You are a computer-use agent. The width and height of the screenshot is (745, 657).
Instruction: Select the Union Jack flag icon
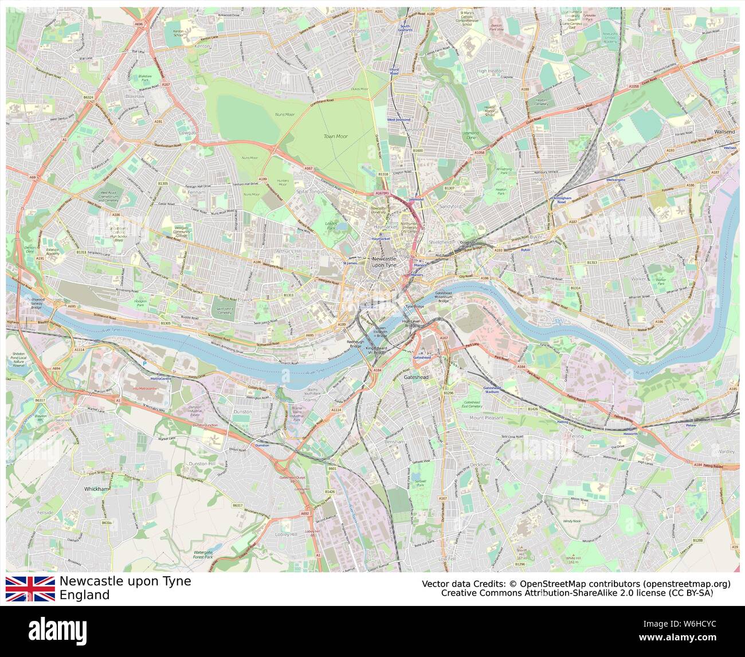(x=30, y=589)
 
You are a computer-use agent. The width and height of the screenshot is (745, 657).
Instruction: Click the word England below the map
(x=84, y=595)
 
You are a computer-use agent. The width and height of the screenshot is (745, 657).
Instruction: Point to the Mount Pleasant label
(x=486, y=418)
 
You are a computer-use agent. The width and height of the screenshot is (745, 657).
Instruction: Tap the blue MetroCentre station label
(x=161, y=379)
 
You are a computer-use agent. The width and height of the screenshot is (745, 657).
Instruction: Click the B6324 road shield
(x=88, y=98)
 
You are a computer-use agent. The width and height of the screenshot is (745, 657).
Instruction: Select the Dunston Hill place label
(x=202, y=463)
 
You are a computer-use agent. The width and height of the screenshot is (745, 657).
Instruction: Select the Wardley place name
(x=726, y=452)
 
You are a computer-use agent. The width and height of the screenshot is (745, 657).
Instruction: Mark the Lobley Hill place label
(x=286, y=534)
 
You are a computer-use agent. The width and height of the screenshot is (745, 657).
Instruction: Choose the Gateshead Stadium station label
(x=492, y=390)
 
